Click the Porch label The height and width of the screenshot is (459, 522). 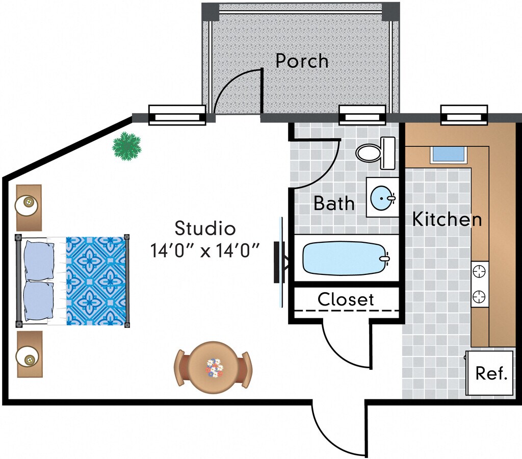pos(302,61)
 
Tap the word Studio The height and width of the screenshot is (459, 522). pos(205,227)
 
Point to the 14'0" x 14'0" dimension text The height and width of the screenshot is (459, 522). pos(205,250)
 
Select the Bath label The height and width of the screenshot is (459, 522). pos(334,203)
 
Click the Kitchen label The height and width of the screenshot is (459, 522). pos(447,219)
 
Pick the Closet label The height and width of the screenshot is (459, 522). pos(346,299)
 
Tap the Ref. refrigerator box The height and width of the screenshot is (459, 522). pos(491,373)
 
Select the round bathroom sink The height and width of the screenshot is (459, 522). pos(382,197)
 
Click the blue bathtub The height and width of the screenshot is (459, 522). pos(344,258)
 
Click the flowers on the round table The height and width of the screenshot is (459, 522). pos(215,368)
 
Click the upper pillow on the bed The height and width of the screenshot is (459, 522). pos(38,259)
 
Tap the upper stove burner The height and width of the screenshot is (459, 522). pos(480,272)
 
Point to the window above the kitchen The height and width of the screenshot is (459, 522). pos(464,115)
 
